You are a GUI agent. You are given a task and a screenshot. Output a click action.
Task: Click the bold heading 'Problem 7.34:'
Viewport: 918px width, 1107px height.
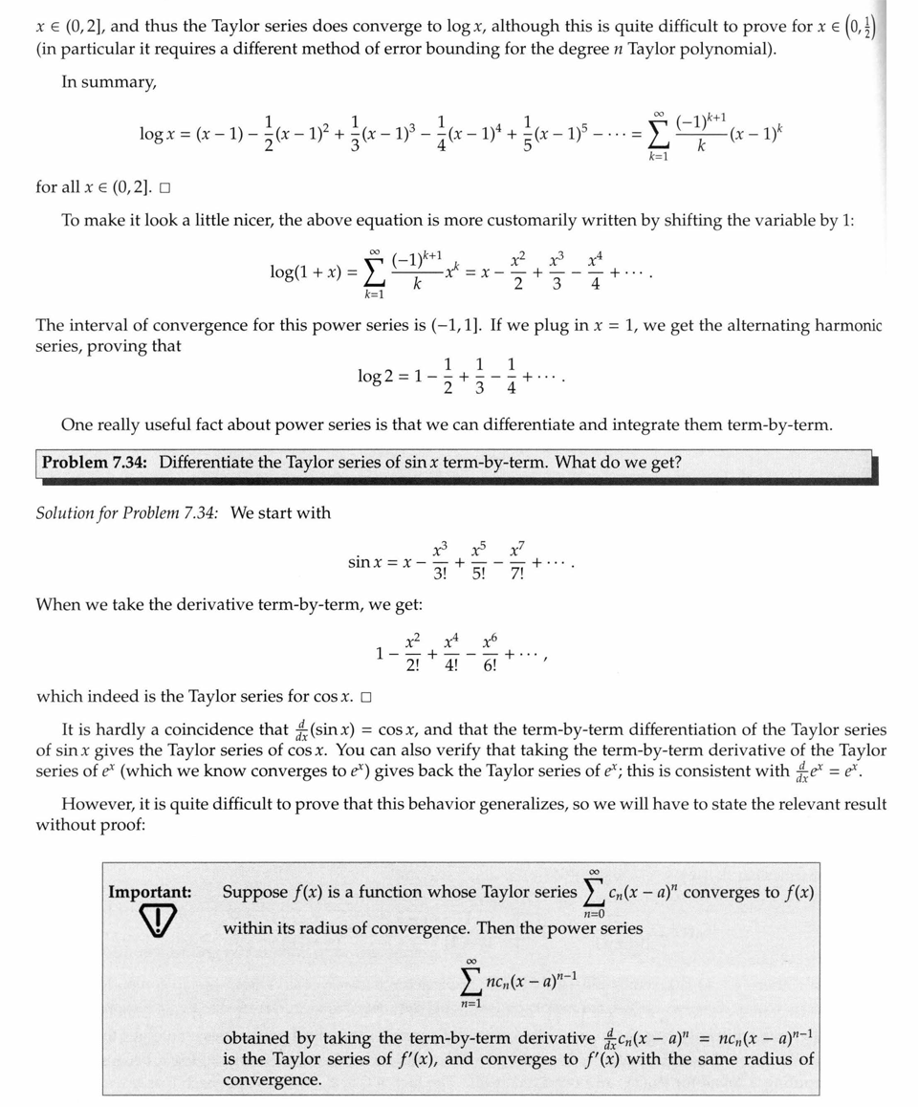click(95, 463)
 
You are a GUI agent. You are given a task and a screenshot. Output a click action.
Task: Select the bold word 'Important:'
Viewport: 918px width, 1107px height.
click(149, 892)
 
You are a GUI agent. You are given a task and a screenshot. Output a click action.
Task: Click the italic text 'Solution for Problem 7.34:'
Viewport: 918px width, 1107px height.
click(127, 513)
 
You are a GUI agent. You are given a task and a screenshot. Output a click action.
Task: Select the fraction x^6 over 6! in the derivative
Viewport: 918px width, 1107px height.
click(490, 654)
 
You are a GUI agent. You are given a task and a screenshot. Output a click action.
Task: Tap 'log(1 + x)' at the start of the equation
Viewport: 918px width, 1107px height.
click(306, 271)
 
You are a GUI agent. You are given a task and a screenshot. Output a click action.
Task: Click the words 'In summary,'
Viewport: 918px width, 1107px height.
click(109, 82)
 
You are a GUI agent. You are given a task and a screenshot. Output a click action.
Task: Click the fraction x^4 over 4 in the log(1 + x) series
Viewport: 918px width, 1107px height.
click(596, 271)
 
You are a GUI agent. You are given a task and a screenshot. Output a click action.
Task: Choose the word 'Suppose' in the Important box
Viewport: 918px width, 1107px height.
click(254, 892)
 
